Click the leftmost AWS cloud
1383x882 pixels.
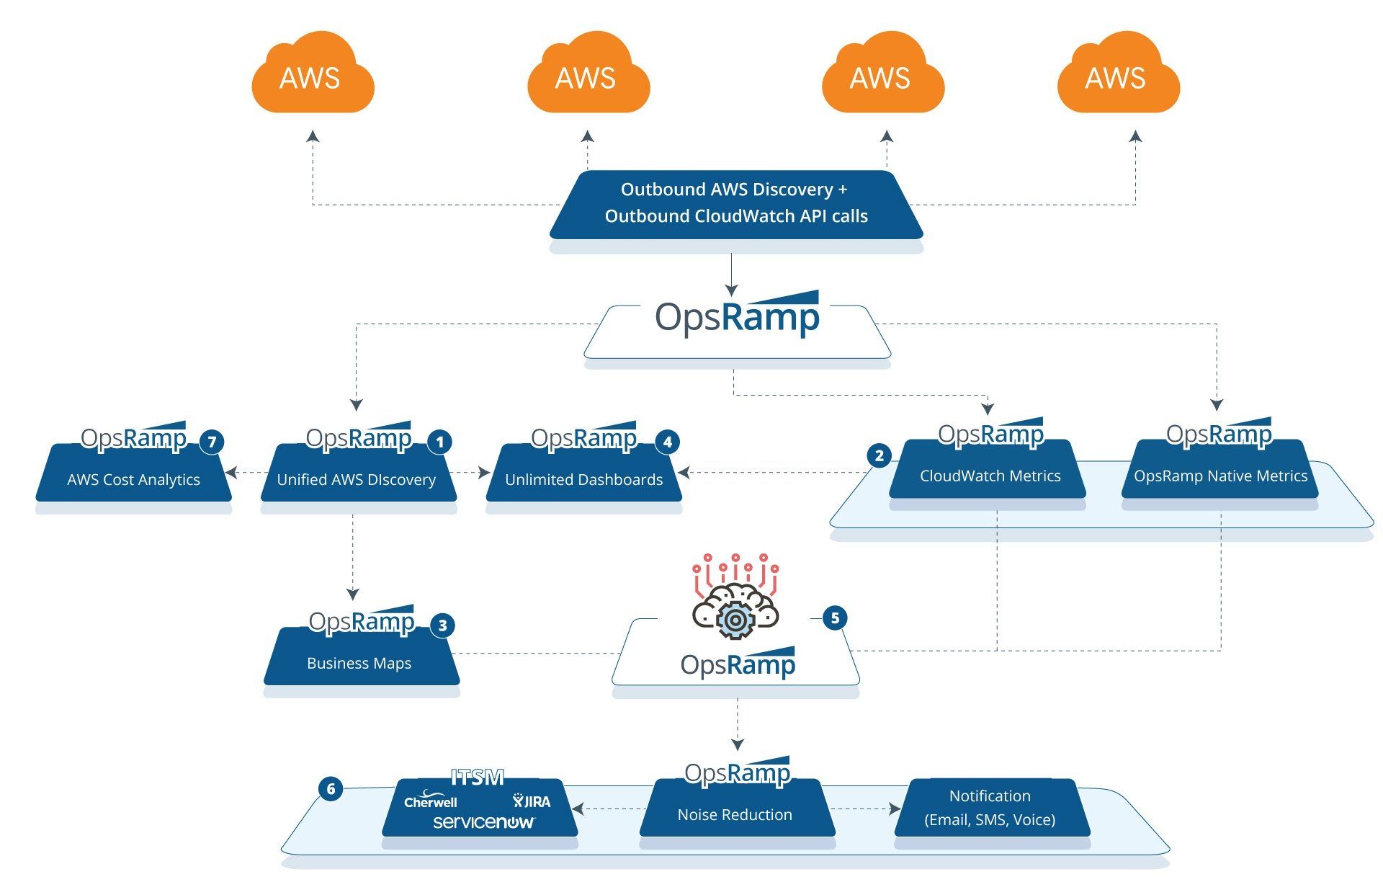[312, 74]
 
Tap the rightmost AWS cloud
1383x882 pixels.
[1117, 74]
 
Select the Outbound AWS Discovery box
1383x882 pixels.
[736, 203]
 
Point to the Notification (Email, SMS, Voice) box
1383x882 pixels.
[990, 808]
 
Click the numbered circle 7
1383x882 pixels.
[211, 442]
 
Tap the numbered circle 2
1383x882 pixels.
[879, 455]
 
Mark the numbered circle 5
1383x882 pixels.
[835, 618]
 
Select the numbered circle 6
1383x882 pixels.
[331, 788]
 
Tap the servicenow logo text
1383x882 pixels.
[483, 821]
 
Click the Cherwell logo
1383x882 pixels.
[430, 801]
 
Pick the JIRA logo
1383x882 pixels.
[532, 801]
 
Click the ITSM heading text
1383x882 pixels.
[477, 777]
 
